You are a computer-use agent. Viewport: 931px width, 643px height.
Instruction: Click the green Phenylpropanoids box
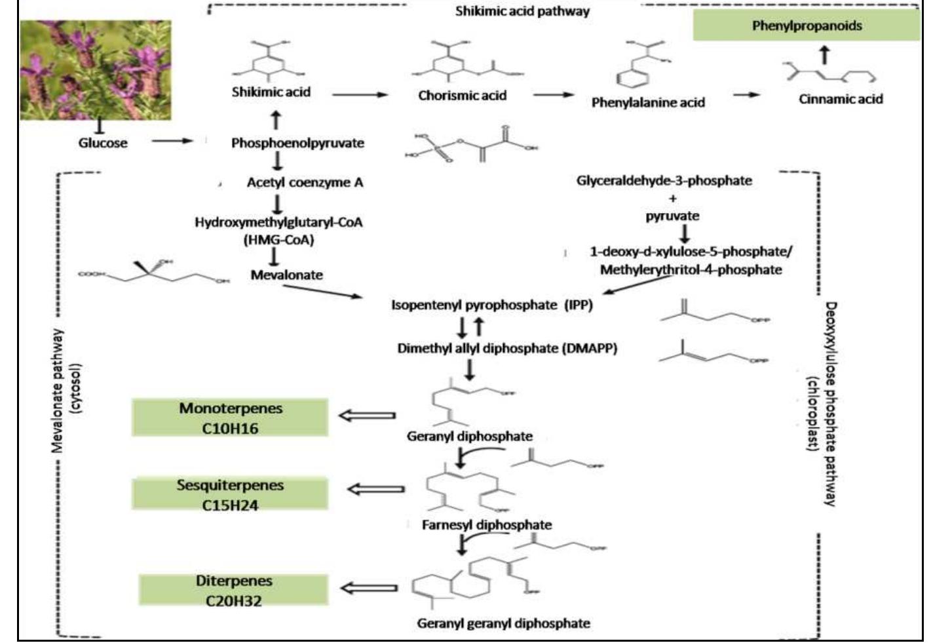(807, 26)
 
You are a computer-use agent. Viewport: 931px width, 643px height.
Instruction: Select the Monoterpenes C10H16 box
(230, 418)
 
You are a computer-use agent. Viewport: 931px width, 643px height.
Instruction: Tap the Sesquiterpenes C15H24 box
(230, 494)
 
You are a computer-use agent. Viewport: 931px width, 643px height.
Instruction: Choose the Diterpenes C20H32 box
(233, 590)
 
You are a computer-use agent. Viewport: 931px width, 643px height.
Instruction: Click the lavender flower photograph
(96, 69)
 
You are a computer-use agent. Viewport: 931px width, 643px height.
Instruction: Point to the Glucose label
(103, 143)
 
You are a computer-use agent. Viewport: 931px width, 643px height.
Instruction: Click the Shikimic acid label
(271, 92)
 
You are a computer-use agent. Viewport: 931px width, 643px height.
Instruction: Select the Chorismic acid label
(462, 96)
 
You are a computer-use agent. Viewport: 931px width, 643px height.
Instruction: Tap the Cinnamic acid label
(841, 99)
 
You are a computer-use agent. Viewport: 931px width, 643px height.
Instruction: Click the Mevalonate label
(286, 275)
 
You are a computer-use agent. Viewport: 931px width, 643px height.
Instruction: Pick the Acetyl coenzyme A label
(305, 182)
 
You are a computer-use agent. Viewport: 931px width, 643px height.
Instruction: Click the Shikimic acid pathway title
(522, 11)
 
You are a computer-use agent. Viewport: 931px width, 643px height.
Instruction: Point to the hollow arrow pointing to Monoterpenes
(368, 415)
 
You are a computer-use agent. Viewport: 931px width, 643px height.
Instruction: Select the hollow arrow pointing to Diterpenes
(370, 588)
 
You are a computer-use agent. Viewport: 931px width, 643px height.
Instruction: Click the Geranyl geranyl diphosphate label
(503, 623)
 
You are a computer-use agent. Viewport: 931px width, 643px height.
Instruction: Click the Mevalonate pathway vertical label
(66, 391)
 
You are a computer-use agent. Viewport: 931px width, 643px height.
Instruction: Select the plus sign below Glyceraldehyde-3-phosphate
(672, 198)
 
